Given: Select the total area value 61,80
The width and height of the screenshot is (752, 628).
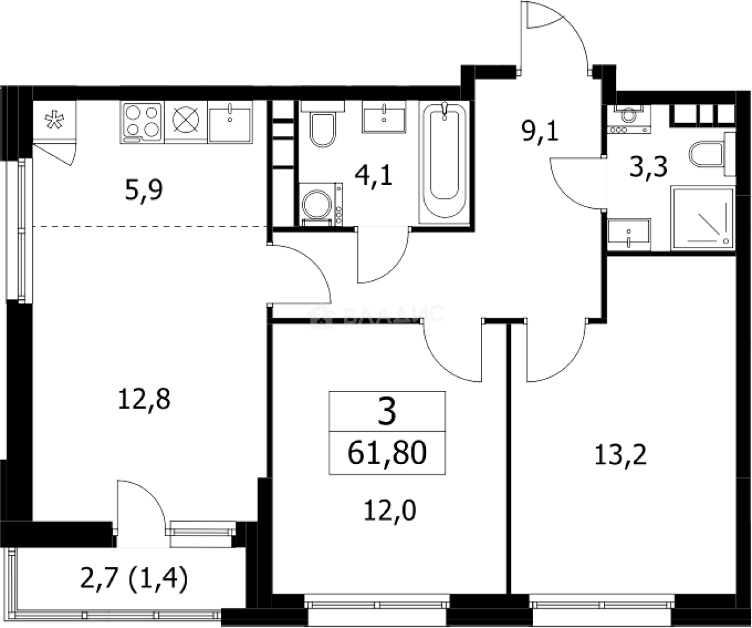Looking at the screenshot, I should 387,453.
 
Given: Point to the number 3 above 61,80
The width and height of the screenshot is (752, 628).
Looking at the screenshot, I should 387,413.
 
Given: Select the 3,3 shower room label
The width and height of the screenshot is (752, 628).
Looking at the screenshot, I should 648,168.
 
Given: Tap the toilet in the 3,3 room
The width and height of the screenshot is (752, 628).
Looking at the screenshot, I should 708,154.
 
